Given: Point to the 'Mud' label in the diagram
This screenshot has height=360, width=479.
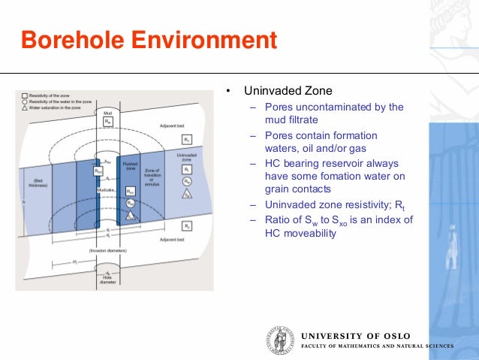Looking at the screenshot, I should pyautogui.click(x=108, y=112).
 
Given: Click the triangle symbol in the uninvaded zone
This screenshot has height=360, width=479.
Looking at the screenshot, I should pyautogui.click(x=187, y=193).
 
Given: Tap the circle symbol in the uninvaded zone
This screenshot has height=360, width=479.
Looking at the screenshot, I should pyautogui.click(x=187, y=181).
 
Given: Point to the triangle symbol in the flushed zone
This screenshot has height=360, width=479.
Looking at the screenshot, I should pyautogui.click(x=131, y=215).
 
